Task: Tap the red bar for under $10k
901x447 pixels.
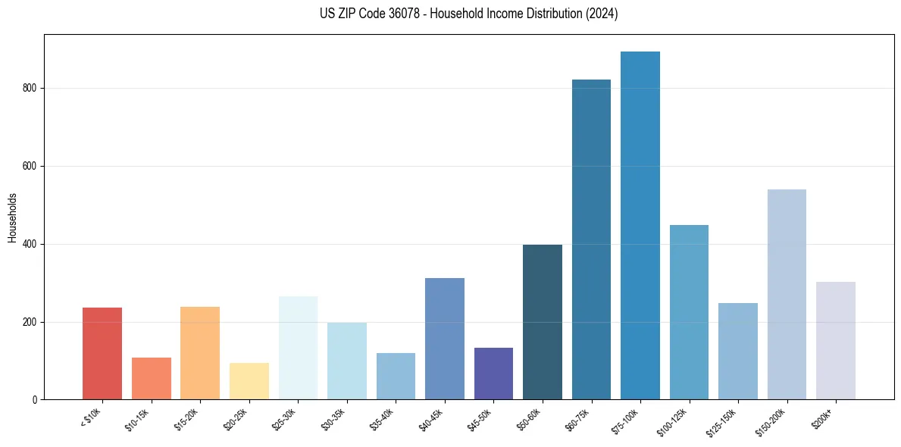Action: pos(102,353)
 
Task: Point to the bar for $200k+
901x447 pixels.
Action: pos(836,340)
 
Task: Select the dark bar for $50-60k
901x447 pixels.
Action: pos(543,322)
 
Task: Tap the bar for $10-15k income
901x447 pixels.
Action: pos(152,378)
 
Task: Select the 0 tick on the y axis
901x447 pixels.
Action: pos(36,400)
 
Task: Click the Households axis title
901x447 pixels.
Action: pos(12,217)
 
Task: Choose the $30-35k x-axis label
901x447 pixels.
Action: pos(334,420)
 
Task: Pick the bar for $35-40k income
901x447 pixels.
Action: pos(396,376)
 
